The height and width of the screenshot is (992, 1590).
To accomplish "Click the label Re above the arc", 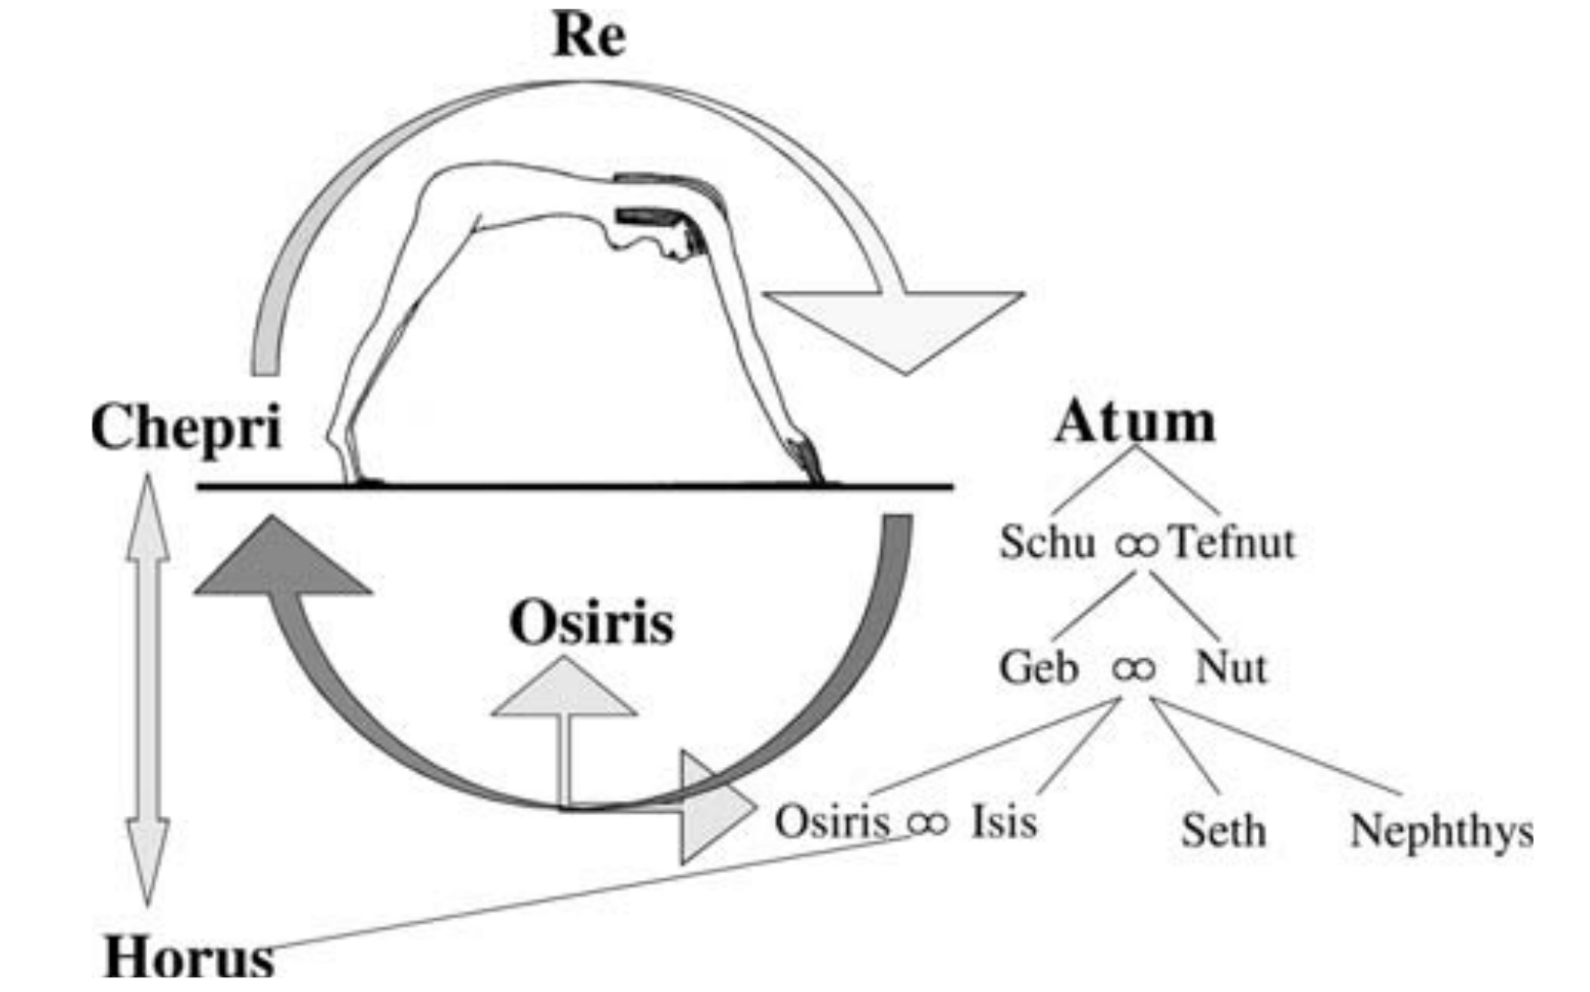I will [x=589, y=36].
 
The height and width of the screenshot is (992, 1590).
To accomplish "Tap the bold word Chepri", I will [x=186, y=427].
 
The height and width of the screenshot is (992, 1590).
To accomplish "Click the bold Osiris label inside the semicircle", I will [x=591, y=622].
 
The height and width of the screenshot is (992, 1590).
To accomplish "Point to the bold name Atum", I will [x=1134, y=423].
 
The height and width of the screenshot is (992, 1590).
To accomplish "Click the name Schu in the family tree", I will [x=1047, y=541].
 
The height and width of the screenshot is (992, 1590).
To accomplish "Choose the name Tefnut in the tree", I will [x=1232, y=541].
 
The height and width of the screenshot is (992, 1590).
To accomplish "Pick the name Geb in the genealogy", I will [x=1039, y=668].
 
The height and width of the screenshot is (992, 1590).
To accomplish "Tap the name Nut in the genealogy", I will [x=1231, y=668].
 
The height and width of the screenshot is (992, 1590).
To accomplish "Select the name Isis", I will [x=1004, y=821].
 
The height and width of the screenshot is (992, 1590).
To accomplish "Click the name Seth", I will [x=1224, y=830].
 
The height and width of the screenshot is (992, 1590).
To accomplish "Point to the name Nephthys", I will [x=1441, y=830].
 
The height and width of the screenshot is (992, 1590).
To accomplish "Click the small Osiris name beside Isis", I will [x=832, y=821].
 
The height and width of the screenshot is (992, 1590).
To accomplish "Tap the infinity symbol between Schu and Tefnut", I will [x=1136, y=544].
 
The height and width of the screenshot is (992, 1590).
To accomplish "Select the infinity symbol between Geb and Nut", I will [x=1134, y=669].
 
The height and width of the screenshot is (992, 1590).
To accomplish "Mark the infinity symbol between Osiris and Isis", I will [x=927, y=824].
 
